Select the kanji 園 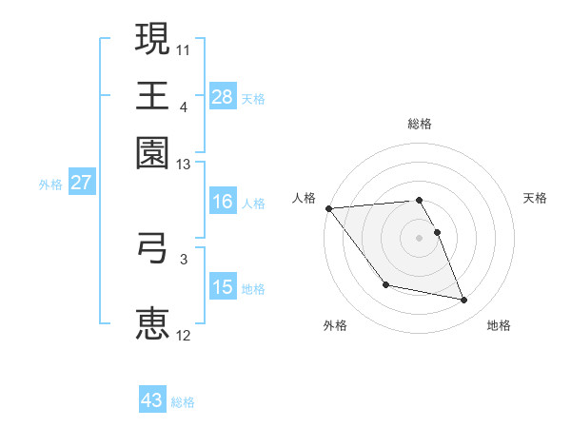tap(152, 151)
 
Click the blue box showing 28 tap(223, 96)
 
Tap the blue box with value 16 tap(223, 202)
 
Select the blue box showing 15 tap(223, 287)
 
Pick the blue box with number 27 tap(81, 183)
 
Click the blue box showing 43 tap(152, 400)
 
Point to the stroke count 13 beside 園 tap(184, 165)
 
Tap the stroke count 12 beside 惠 tap(184, 335)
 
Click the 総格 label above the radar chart tap(419, 124)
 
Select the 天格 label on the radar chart tap(535, 198)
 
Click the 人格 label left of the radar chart tap(304, 198)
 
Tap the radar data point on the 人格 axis tap(328, 208)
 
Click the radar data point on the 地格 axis tap(464, 301)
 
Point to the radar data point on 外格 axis tap(385, 284)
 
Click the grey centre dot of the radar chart tap(419, 238)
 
